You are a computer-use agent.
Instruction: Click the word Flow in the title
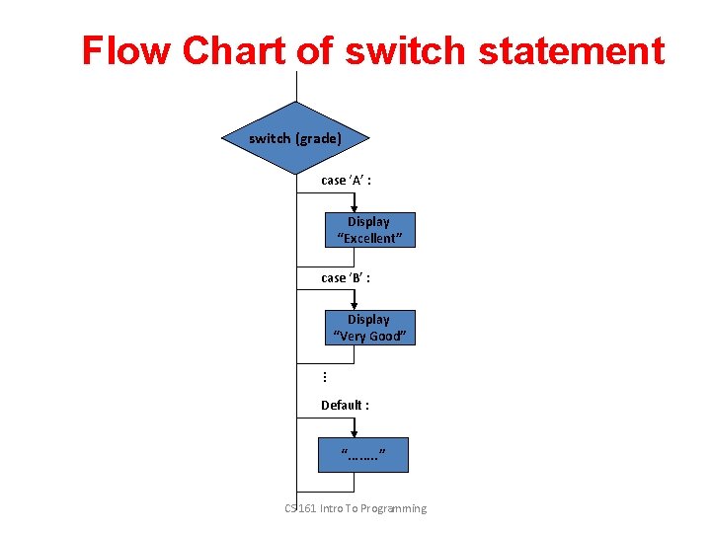[x=117, y=50]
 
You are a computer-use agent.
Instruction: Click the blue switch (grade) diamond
[x=295, y=138]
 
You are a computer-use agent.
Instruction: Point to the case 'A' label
[x=346, y=181]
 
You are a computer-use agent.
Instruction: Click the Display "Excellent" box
[x=370, y=230]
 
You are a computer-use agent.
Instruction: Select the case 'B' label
[x=346, y=278]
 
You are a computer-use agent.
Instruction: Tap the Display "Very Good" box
[x=370, y=328]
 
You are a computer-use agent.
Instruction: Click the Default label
[x=345, y=405]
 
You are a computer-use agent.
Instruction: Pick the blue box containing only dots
[x=362, y=455]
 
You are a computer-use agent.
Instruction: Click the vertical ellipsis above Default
[x=325, y=376]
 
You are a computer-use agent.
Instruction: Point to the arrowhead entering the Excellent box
[x=355, y=207]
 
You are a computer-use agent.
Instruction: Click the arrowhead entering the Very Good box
[x=355, y=305]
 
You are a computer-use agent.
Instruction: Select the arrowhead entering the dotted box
[x=355, y=432]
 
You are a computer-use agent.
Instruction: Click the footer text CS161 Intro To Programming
[x=355, y=508]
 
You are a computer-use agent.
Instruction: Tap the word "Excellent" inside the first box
[x=369, y=238]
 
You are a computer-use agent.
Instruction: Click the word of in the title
[x=314, y=50]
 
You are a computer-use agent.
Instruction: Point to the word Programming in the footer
[x=393, y=508]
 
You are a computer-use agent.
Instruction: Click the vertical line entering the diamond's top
[x=295, y=87]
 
